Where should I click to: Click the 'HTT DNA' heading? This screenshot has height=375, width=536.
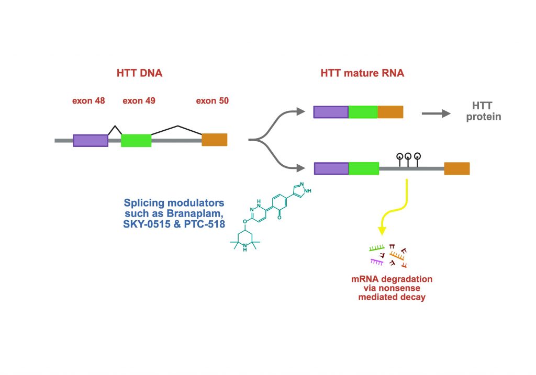click(139, 73)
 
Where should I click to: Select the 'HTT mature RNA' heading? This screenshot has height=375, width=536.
click(362, 73)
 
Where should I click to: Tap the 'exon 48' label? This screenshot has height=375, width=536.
click(88, 100)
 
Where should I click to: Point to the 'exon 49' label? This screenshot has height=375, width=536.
click(139, 100)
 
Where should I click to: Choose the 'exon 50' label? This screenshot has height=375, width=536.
click(212, 100)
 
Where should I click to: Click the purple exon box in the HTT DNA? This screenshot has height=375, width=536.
click(91, 140)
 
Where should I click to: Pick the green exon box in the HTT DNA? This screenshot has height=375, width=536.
click(136, 140)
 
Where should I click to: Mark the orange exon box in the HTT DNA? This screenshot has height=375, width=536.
click(215, 140)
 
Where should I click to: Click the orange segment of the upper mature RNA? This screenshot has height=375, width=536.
click(390, 112)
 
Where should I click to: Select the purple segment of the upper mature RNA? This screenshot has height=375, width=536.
click(331, 112)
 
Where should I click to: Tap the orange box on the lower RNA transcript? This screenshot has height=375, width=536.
click(457, 168)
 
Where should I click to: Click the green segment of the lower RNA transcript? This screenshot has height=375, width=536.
click(364, 168)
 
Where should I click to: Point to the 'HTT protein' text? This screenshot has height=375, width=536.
click(484, 112)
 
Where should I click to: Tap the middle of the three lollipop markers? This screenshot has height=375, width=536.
click(408, 156)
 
